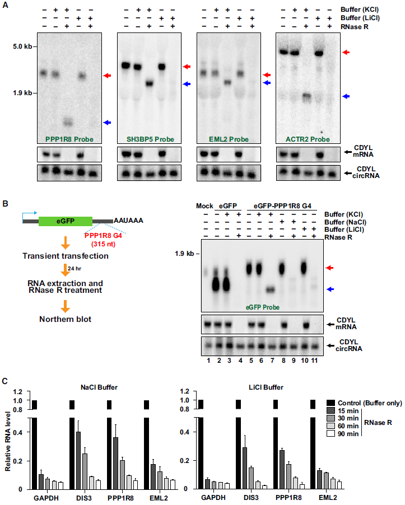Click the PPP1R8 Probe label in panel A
coord(66,138)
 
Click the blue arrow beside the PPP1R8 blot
coord(106,122)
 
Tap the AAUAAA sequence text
coord(128,221)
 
